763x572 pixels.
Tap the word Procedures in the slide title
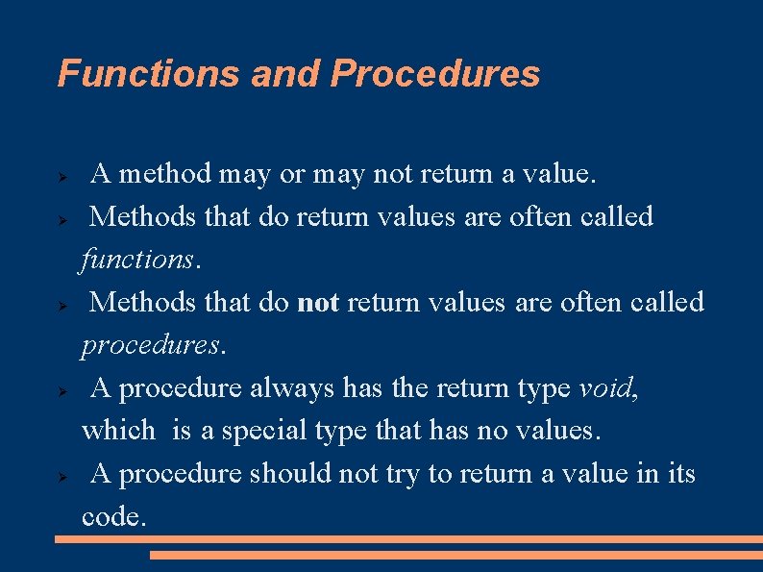pyautogui.click(x=435, y=74)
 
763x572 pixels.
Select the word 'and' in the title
pyautogui.click(x=286, y=74)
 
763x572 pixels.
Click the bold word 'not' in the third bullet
pyautogui.click(x=318, y=303)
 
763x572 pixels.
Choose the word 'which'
pyautogui.click(x=118, y=431)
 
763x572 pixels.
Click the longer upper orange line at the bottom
pyautogui.click(x=408, y=540)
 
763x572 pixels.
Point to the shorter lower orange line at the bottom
pyautogui.click(x=455, y=555)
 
